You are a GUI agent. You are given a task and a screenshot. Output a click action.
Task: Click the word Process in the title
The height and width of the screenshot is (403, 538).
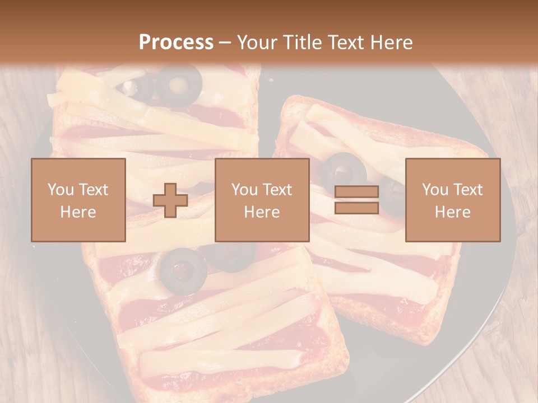pyautogui.click(x=176, y=43)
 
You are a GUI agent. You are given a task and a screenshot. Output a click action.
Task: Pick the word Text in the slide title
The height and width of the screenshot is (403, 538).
pyautogui.click(x=342, y=43)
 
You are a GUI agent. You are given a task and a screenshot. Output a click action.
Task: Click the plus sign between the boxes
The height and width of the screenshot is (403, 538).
pyautogui.click(x=170, y=200)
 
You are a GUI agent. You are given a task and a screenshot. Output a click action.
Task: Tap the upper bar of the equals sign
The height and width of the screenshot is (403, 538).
pyautogui.click(x=356, y=192)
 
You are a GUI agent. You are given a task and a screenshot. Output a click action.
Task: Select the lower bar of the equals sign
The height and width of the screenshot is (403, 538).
pyautogui.click(x=356, y=208)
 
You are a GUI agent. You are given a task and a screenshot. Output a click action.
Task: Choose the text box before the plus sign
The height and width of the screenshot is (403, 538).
pyautogui.click(x=78, y=200)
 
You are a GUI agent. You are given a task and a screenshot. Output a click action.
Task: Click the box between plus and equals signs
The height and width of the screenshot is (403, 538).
pyautogui.click(x=262, y=200)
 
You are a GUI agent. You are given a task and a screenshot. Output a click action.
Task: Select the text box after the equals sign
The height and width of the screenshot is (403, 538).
pyautogui.click(x=452, y=200)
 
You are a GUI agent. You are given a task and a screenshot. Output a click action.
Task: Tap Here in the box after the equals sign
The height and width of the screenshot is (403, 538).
pyautogui.click(x=452, y=212)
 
